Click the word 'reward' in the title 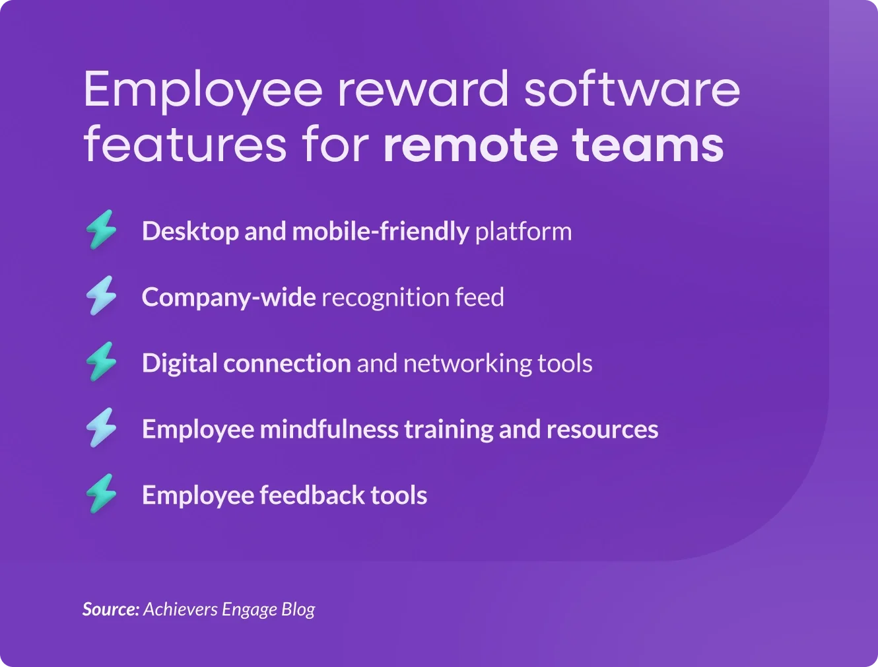[423, 89]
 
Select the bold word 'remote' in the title [471, 145]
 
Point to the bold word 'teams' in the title [648, 145]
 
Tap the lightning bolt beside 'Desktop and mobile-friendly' [101, 229]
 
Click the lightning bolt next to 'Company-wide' [101, 295]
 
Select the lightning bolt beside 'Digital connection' [101, 361]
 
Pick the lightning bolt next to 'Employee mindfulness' [101, 427]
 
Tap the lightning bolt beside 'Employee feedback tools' [101, 493]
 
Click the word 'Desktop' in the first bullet [190, 232]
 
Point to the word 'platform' [523, 232]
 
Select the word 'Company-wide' [229, 298]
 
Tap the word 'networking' [467, 364]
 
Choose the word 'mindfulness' [329, 429]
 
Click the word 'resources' [603, 430]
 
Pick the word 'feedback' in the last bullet [312, 495]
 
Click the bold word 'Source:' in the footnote [111, 610]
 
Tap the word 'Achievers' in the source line [181, 610]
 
